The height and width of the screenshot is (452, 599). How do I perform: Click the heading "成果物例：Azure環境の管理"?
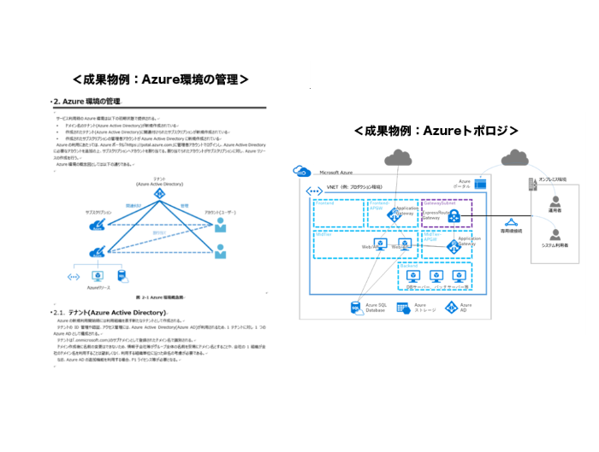[161, 79]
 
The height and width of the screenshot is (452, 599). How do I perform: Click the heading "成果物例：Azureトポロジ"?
[437, 131]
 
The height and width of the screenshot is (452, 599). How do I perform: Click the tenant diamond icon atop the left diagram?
[158, 195]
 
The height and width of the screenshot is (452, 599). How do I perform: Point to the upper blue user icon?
[221, 225]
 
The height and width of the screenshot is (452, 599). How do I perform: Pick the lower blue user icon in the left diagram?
[221, 253]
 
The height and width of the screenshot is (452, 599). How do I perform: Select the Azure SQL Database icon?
[353, 308]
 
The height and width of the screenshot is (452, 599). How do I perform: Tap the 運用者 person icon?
[556, 205]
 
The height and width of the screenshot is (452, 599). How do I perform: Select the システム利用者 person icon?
[556, 234]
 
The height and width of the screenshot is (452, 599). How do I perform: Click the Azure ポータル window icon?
[480, 183]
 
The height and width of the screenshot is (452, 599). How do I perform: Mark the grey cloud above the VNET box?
[399, 157]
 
